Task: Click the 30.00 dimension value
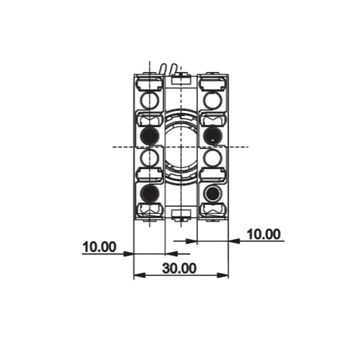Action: pos(179,268)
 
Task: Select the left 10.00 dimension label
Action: pos(99,246)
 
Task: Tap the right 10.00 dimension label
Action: pos(264,234)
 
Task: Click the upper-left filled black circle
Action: pos(149,135)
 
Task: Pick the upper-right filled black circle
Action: pos(212,135)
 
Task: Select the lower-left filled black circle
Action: pos(149,192)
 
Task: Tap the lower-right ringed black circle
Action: pos(212,193)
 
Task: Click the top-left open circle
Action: pos(149,98)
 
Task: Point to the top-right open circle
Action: pos(212,98)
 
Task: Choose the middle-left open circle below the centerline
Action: pos(149,157)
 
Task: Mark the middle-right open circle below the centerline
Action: pos(212,157)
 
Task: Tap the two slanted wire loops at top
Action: pos(167,69)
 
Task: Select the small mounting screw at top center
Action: pos(181,76)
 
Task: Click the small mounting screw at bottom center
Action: pos(181,214)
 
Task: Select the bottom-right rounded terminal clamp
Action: pos(212,210)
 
